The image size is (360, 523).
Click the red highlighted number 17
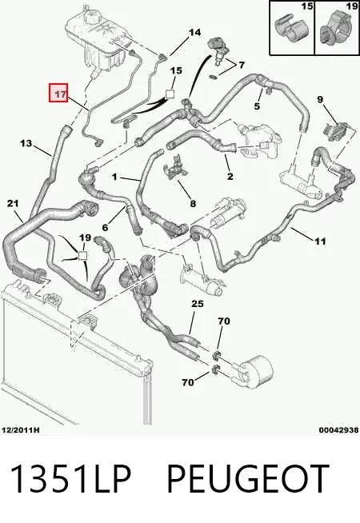point(58,93)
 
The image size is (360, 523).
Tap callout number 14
point(195,32)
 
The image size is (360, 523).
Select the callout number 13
point(26,143)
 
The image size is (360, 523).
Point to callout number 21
point(13,203)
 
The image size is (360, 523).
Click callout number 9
point(320,99)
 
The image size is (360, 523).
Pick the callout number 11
point(320,241)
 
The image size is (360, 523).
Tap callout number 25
point(197,304)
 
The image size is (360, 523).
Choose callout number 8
point(193,203)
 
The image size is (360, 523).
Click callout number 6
point(105,227)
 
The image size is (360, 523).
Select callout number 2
point(230,176)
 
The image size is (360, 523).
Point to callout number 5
point(257,106)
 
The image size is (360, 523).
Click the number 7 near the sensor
point(242,64)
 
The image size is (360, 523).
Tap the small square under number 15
point(170,94)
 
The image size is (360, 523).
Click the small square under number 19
point(82,256)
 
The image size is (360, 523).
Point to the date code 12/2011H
point(21,430)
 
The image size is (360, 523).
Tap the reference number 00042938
point(338,430)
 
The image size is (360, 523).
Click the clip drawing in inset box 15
point(288,30)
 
